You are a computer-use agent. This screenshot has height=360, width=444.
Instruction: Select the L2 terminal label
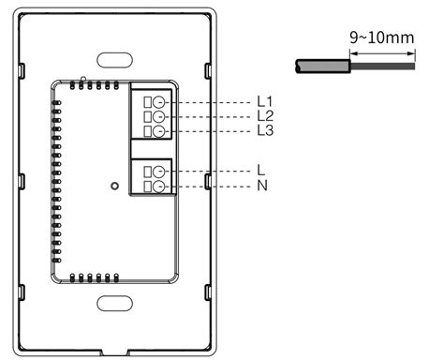(264, 116)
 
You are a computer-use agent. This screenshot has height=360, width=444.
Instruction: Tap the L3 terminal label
(264, 131)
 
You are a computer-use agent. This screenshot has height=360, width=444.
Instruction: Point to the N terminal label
(261, 187)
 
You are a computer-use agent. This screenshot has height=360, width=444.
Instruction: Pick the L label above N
(260, 171)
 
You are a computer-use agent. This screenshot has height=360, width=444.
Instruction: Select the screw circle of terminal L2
(160, 116)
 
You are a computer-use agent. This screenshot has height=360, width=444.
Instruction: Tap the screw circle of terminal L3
(160, 131)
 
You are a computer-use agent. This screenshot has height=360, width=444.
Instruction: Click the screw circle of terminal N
(160, 187)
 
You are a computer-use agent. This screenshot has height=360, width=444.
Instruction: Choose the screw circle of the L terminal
(160, 171)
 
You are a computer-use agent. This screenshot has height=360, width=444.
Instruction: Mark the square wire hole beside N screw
(147, 187)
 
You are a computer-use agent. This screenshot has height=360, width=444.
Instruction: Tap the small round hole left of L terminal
(114, 186)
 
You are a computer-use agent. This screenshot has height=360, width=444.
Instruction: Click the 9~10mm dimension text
(382, 38)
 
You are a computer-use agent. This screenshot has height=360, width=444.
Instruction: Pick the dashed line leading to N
(211, 187)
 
